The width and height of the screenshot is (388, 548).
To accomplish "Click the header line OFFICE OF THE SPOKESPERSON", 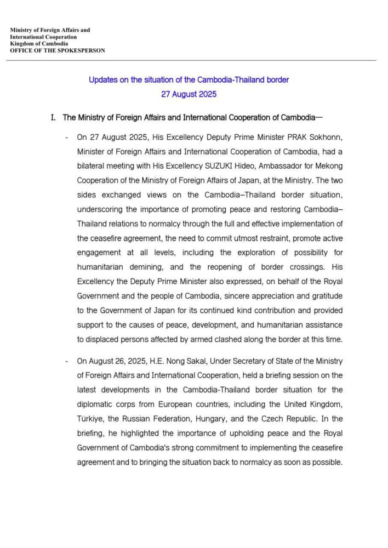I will pyautogui.click(x=58, y=50).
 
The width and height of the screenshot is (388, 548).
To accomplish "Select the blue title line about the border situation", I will pyautogui.click(x=189, y=80).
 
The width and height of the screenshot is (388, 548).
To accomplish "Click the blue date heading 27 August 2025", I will pyautogui.click(x=189, y=94).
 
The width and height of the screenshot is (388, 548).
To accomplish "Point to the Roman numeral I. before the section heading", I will pyautogui.click(x=53, y=117).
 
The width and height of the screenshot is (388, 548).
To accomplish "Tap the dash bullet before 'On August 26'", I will pyautogui.click(x=66, y=362).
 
